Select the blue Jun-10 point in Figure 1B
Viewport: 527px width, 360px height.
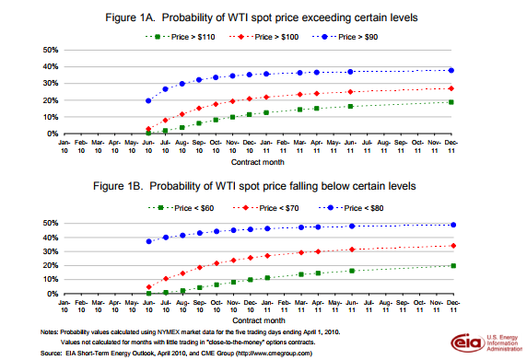(148, 241)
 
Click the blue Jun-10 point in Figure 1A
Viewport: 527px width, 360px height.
(148, 101)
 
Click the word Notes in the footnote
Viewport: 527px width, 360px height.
(50, 331)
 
